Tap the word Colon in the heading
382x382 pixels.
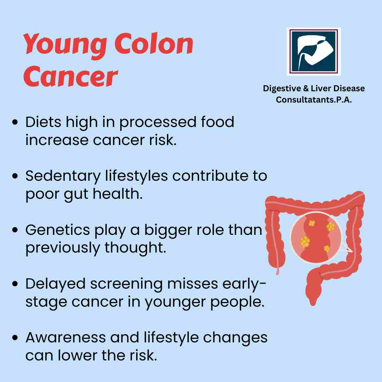(x=154, y=44)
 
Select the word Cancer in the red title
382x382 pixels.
(x=71, y=76)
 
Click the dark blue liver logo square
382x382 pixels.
(x=313, y=51)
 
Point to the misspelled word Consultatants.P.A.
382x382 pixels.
(x=314, y=100)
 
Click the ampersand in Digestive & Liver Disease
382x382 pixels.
(x=306, y=88)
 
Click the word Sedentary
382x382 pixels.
(x=63, y=176)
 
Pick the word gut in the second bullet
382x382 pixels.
(x=76, y=195)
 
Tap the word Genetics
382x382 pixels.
(x=58, y=230)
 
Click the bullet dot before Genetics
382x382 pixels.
(x=15, y=230)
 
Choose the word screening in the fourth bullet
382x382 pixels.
(x=126, y=284)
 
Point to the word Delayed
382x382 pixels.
(x=56, y=284)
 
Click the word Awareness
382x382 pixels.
(x=66, y=337)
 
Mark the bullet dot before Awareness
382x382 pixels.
(x=15, y=337)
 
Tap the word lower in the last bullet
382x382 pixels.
(x=77, y=355)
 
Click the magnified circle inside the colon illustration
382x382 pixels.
(x=316, y=238)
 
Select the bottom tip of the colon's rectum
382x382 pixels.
(x=313, y=305)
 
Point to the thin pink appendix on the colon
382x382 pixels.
(x=278, y=271)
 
